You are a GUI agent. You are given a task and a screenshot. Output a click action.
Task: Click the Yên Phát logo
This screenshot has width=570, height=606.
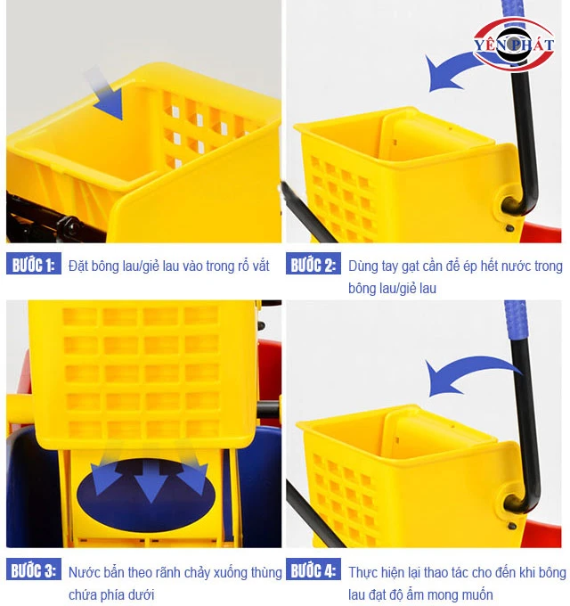[513, 45]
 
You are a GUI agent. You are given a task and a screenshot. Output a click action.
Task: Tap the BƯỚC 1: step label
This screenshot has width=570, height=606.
[32, 265]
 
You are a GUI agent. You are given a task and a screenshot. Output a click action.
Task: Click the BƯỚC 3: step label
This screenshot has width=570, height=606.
[32, 571]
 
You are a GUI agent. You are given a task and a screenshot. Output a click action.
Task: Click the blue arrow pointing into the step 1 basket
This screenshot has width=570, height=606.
[106, 95]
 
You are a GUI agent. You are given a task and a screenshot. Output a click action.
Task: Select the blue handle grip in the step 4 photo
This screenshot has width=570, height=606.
[514, 331]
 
